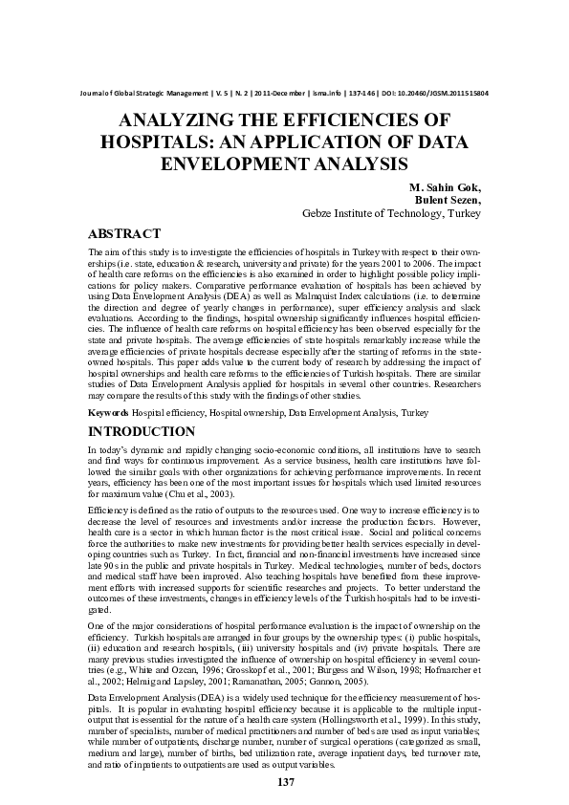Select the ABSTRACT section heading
coord(123,233)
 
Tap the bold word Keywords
coord(108,412)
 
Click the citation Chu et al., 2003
coord(199,495)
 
